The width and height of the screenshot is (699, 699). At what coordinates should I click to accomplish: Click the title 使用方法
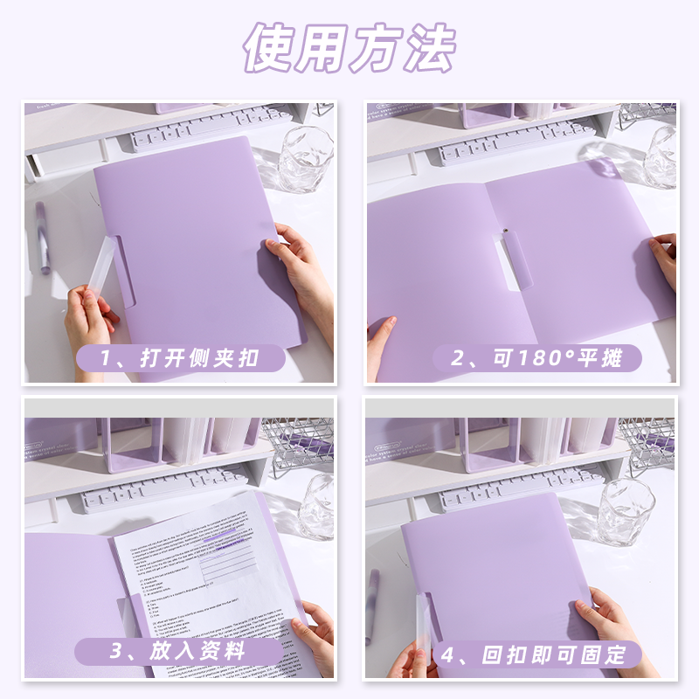(x=349, y=49)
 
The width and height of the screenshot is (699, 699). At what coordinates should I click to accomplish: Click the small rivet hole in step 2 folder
(x=504, y=231)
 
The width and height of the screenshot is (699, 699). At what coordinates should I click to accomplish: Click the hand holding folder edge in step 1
(x=301, y=266)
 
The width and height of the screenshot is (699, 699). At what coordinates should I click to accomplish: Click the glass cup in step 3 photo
(x=320, y=502)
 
